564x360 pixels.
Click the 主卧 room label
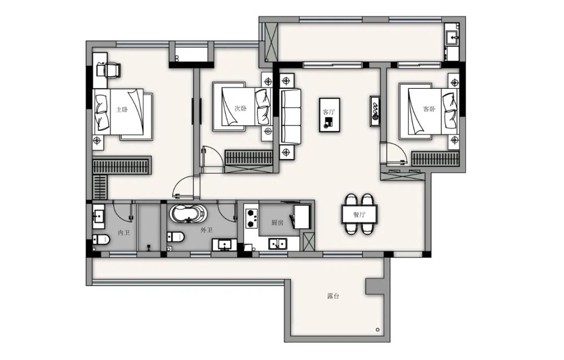coord(122,109)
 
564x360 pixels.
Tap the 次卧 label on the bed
coord(240,108)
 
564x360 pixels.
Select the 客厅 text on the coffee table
coord(329,112)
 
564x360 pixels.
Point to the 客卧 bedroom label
coord(429,109)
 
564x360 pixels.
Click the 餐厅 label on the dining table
coord(359,215)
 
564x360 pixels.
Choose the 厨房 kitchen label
coord(277,223)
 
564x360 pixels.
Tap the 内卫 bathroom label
coord(124,233)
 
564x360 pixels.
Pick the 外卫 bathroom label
coord(206,230)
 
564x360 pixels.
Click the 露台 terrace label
coord(333,296)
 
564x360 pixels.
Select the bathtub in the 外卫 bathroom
coord(188,214)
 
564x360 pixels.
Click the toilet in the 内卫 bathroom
coord(101,239)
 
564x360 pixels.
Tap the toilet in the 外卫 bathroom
coord(175,237)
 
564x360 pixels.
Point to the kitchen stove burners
coord(252,217)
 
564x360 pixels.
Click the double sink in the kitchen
coord(277,243)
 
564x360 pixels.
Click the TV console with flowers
coord(375,111)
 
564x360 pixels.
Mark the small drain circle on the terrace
coord(378,329)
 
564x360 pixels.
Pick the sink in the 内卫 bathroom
coord(98,216)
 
